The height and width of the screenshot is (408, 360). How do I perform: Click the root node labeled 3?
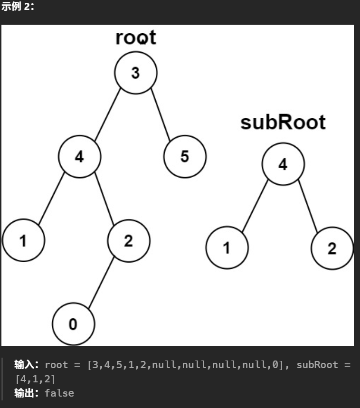point(135,73)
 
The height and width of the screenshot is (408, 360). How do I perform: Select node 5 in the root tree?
point(185,157)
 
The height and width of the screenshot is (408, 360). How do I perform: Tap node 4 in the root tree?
point(79,157)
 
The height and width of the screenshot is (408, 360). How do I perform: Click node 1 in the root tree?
point(23,241)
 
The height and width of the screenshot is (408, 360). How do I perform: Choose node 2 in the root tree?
point(128,241)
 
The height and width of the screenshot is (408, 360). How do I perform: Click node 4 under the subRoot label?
point(283,164)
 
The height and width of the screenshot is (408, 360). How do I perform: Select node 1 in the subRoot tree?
point(227,248)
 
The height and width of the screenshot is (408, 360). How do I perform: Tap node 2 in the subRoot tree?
point(332,248)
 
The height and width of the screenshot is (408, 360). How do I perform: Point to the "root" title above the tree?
point(135,38)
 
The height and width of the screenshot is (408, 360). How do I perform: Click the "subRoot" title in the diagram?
point(283,123)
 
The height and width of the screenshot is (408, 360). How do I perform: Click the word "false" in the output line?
point(59,393)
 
